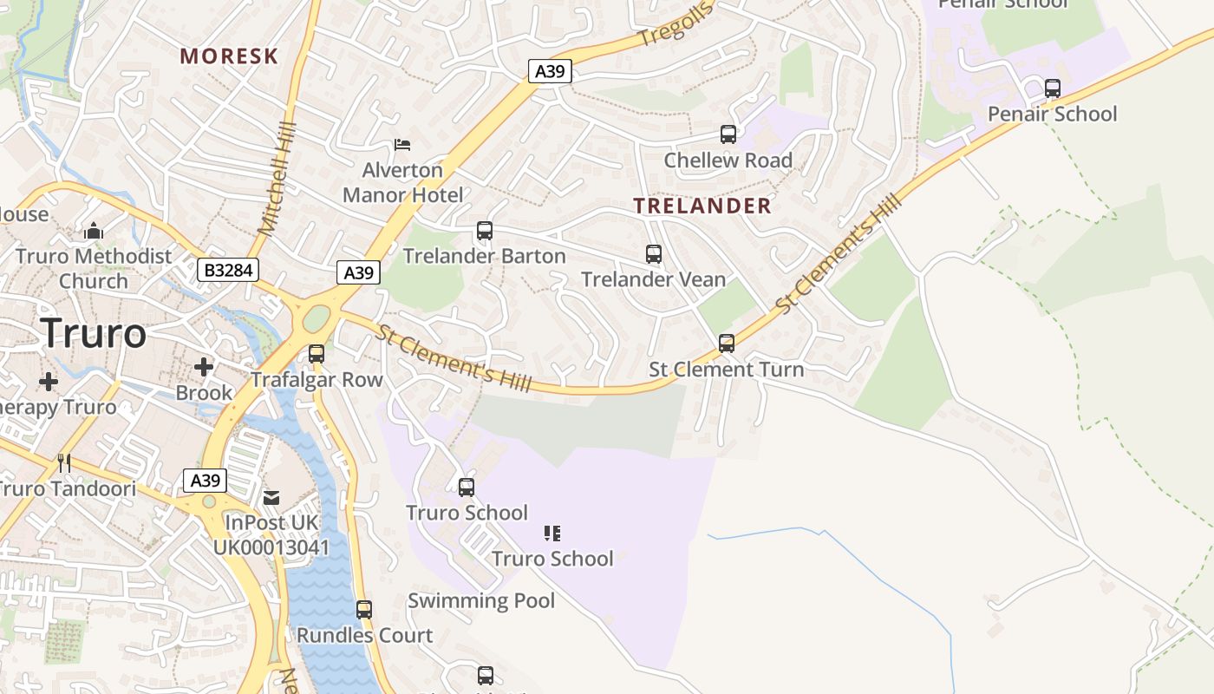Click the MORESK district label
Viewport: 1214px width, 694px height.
pos(229,56)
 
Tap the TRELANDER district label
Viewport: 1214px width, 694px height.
pos(702,206)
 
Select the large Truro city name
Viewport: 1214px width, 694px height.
pos(94,333)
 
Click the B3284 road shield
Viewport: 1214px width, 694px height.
pos(228,270)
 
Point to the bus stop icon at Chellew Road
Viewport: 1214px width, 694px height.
pos(728,134)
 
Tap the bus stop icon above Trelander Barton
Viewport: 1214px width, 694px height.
pos(485,231)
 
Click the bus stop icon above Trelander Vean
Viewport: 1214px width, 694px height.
pos(654,254)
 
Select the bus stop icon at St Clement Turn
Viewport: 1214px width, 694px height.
pos(727,344)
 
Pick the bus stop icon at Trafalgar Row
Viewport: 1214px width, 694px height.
pos(317,354)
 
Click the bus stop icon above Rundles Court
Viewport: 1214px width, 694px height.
pos(364,610)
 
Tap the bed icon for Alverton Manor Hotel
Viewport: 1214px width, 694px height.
pos(402,144)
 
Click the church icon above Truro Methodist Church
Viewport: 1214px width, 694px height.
pos(94,231)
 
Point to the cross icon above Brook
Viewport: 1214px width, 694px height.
pos(204,367)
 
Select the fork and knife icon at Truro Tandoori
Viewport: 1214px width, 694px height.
pos(64,463)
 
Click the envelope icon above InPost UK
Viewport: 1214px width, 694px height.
pos(272,497)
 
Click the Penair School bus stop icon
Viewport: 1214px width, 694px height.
pos(1053,88)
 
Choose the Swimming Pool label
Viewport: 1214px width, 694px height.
pos(481,600)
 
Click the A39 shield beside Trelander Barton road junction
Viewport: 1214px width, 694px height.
pos(358,273)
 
